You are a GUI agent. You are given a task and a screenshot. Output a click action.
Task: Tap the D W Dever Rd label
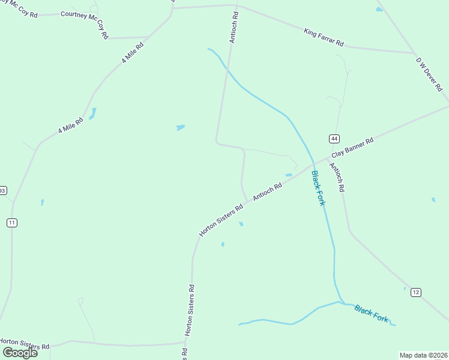tap(429, 73)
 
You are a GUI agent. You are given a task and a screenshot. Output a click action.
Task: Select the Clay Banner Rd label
tap(352, 149)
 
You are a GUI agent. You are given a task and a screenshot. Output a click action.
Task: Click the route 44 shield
tap(334, 139)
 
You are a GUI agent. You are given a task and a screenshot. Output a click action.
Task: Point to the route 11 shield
tap(12, 223)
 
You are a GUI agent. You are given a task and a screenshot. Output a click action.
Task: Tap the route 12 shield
tap(416, 292)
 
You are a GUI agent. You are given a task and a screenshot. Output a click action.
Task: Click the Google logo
tap(20, 352)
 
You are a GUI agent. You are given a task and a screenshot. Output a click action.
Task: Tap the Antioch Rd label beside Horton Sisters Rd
tap(267, 193)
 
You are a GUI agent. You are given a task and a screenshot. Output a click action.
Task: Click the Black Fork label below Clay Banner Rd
tap(318, 188)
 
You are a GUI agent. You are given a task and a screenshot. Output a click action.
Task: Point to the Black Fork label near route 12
tap(371, 313)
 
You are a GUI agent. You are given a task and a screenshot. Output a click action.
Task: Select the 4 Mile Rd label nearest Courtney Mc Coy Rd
tap(133, 53)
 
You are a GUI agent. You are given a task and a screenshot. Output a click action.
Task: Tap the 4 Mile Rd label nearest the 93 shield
tap(70, 125)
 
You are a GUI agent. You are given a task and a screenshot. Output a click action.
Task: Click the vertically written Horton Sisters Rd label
tap(190, 309)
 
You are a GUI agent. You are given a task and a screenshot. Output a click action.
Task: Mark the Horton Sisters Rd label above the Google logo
tap(25, 343)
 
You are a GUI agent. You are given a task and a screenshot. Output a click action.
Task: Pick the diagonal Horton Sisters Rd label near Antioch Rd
tap(221, 220)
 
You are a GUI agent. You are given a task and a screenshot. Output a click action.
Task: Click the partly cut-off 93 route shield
tap(2, 190)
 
